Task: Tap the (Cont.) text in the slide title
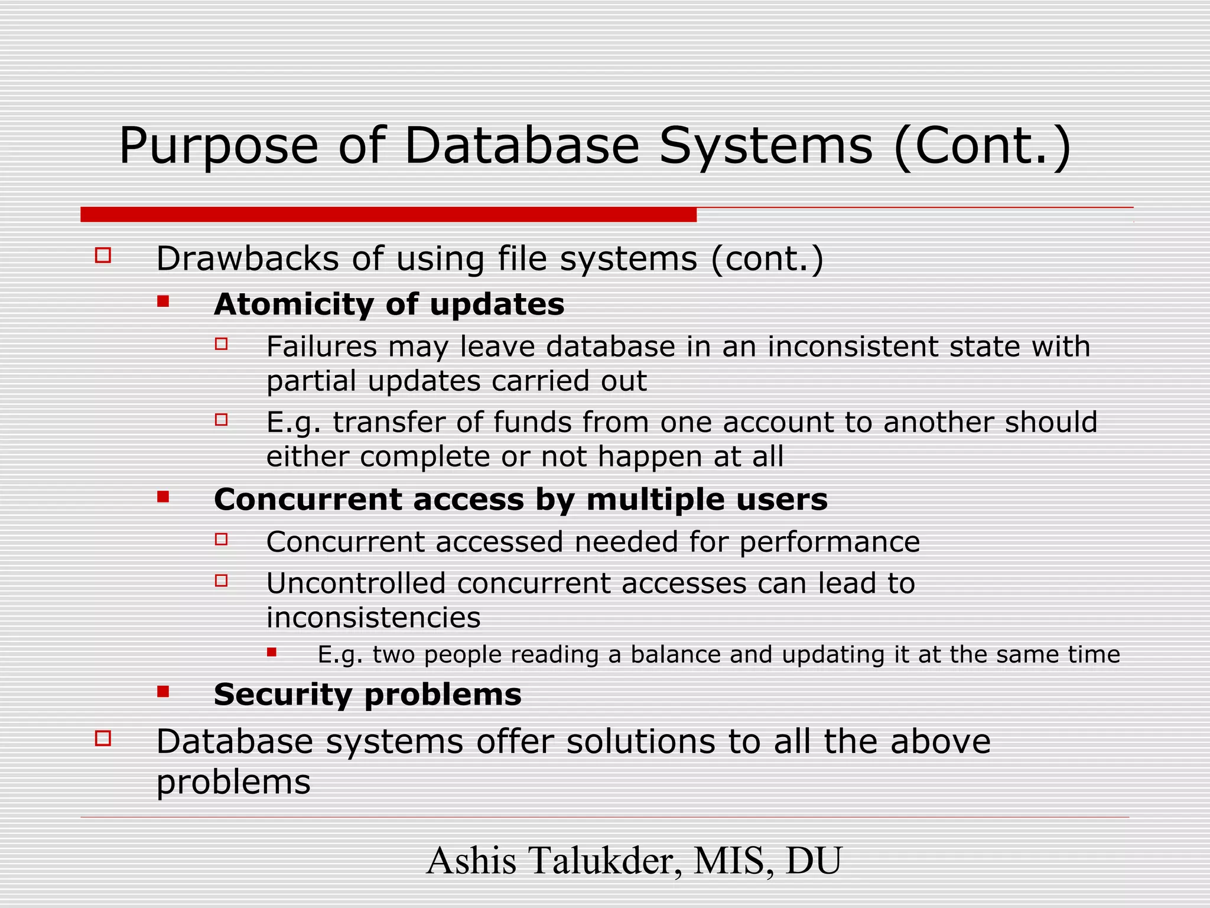(x=982, y=147)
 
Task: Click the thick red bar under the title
(x=388, y=215)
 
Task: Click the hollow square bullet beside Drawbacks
(x=103, y=255)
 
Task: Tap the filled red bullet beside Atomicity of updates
(x=163, y=302)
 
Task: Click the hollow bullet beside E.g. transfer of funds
(x=222, y=420)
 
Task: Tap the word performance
(x=830, y=543)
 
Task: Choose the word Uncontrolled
(x=356, y=583)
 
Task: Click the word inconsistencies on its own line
(x=373, y=618)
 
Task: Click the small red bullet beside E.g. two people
(x=272, y=653)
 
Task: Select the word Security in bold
(x=282, y=695)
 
